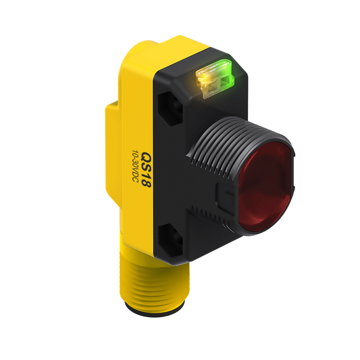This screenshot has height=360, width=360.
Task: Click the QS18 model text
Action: coord(145,170)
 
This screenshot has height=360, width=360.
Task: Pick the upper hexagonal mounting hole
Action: coord(170,109)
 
